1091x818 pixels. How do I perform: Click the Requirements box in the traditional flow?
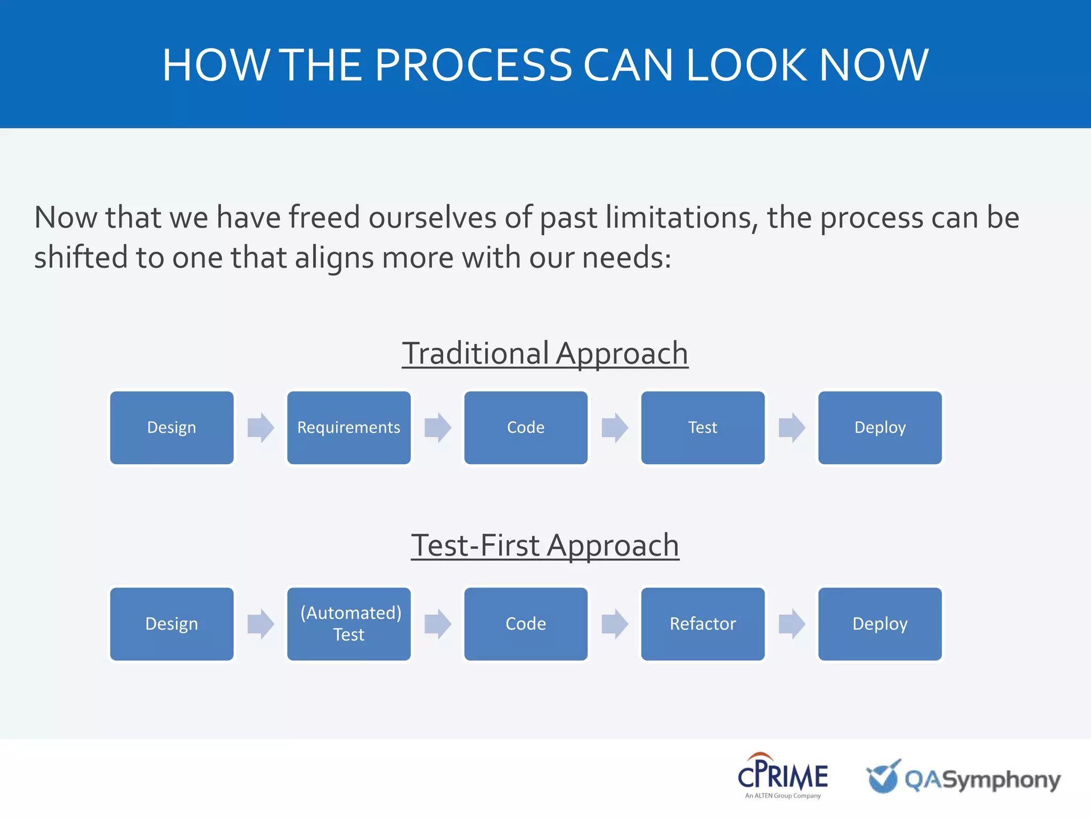tap(348, 428)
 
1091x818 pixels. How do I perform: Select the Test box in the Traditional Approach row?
tap(703, 428)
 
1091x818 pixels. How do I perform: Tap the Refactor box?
tap(703, 624)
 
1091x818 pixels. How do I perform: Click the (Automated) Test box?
tap(348, 624)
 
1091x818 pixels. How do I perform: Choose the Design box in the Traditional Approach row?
tap(172, 428)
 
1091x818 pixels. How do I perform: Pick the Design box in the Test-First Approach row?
tap(172, 624)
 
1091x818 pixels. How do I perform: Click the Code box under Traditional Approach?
tap(526, 428)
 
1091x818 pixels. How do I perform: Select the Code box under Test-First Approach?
tap(526, 624)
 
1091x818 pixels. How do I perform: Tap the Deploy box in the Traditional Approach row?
tap(880, 428)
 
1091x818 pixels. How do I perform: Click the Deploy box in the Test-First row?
tap(880, 624)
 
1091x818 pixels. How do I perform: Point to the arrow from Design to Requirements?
tap(260, 428)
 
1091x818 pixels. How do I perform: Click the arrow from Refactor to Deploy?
tap(792, 624)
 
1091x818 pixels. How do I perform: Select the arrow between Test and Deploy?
tap(792, 428)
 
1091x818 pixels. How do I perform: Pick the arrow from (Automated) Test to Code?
tap(437, 624)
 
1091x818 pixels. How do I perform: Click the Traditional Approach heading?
tap(545, 354)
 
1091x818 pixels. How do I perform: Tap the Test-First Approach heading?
tap(545, 546)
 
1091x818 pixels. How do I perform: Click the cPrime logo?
tap(782, 775)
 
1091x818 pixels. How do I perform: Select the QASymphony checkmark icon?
tap(883, 776)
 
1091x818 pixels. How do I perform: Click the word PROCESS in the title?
tap(473, 65)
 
